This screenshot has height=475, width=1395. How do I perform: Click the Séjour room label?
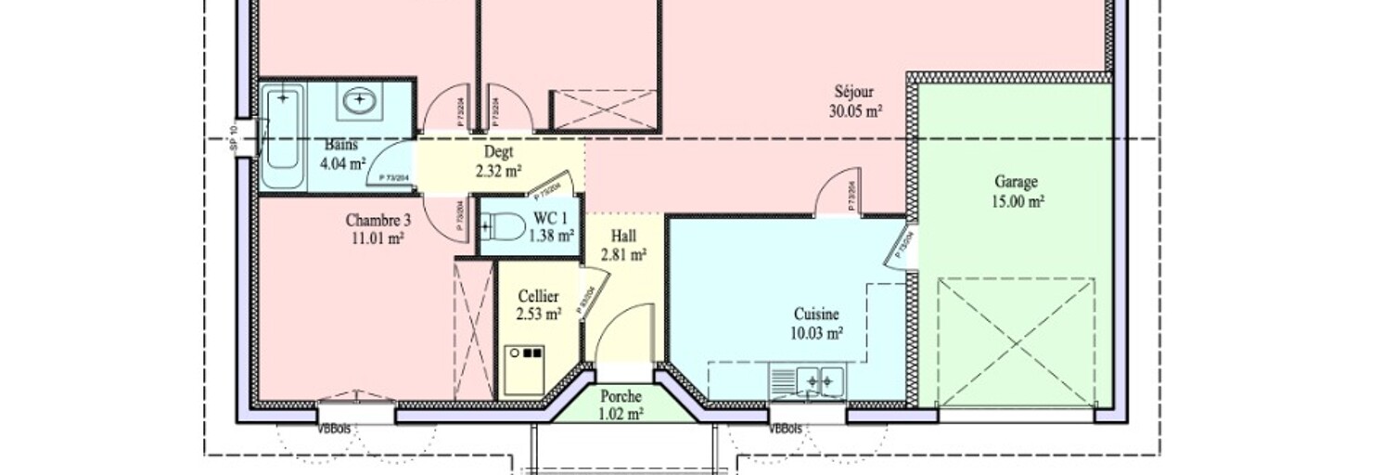[854, 92]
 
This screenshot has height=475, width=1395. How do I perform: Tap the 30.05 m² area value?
[854, 110]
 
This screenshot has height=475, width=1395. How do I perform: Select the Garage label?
[1016, 182]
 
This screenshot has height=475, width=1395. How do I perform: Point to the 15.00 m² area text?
[1016, 201]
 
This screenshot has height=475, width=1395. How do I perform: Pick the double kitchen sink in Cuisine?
[808, 379]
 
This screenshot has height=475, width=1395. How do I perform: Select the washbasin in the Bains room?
[357, 101]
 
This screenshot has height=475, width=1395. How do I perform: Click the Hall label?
[623, 237]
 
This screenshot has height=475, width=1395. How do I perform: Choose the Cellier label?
[538, 297]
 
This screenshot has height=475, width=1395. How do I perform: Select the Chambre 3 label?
[378, 221]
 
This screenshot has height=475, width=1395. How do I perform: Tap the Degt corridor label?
[499, 153]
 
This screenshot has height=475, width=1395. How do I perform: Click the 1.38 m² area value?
[550, 236]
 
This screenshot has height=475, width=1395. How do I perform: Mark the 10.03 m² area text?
[817, 332]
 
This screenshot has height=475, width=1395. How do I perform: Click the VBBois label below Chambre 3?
[333, 429]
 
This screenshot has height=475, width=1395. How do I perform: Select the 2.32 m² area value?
[499, 171]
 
